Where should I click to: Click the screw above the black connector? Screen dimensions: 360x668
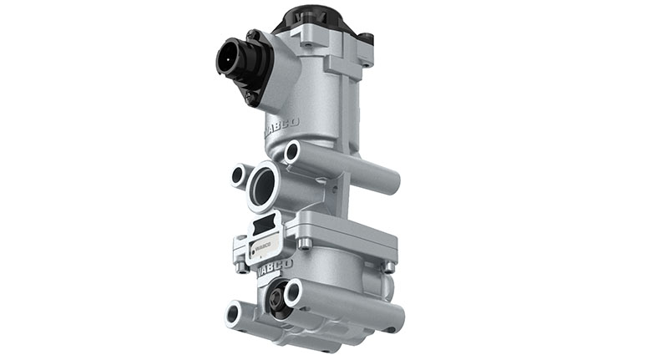pyautogui.click(x=250, y=36)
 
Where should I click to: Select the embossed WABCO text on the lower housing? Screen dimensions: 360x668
pyautogui.click(x=274, y=267)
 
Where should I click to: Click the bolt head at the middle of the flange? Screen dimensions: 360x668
pyautogui.click(x=306, y=243)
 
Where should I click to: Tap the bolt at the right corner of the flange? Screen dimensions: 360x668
pyautogui.click(x=389, y=266)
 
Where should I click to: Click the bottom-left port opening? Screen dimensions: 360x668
pyautogui.click(x=235, y=313)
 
